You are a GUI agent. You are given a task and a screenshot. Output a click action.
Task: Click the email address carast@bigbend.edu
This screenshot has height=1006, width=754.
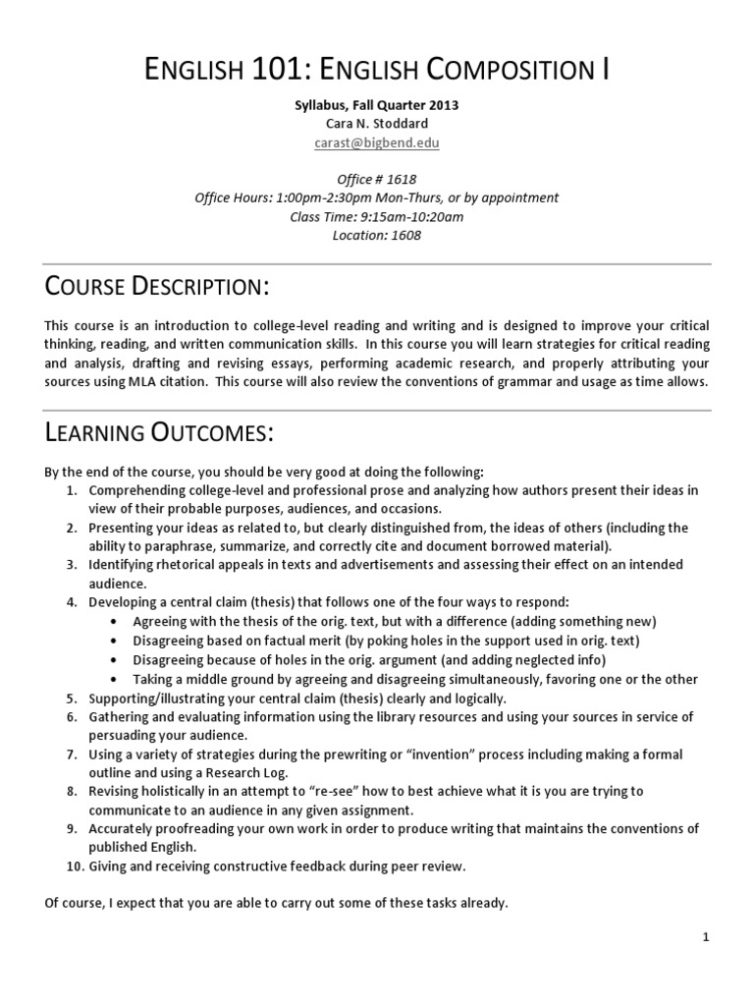(376, 142)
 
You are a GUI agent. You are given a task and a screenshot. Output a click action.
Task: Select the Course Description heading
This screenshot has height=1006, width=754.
(157, 287)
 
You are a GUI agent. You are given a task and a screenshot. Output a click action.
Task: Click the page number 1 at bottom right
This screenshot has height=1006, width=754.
(706, 938)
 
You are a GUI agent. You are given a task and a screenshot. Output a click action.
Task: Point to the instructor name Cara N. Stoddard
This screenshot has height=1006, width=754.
(376, 124)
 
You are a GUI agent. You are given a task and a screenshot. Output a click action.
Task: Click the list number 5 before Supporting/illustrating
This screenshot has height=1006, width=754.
(72, 699)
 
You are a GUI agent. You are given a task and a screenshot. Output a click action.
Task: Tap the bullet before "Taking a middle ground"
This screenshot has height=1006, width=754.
(118, 679)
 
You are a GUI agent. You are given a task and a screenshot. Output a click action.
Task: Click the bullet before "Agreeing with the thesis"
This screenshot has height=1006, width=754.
(118, 622)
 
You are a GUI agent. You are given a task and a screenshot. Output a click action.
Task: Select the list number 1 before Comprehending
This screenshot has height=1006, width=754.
(72, 489)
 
